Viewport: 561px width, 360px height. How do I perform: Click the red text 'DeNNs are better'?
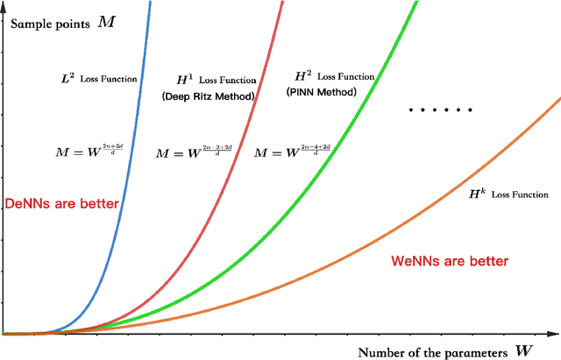point(62,203)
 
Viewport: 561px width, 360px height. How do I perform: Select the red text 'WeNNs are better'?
point(448,260)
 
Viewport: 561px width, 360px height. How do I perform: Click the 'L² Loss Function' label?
point(98,79)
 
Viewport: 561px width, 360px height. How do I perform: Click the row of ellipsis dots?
point(442,110)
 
